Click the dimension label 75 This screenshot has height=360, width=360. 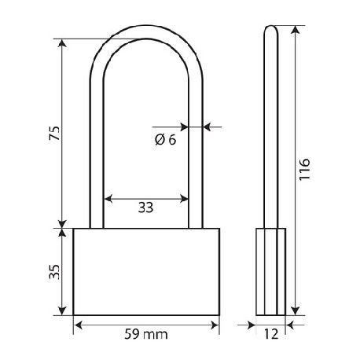(55, 133)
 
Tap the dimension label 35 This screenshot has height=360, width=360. (55, 272)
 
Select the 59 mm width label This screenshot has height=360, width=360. (146, 334)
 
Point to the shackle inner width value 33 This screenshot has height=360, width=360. (145, 208)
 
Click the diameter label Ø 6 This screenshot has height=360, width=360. (166, 140)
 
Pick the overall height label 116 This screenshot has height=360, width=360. (304, 169)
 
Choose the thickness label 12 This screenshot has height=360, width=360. (271, 334)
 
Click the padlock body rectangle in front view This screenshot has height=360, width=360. (146, 272)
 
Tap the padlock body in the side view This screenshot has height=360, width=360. (270, 272)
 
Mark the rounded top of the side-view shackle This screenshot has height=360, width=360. (271, 27)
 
